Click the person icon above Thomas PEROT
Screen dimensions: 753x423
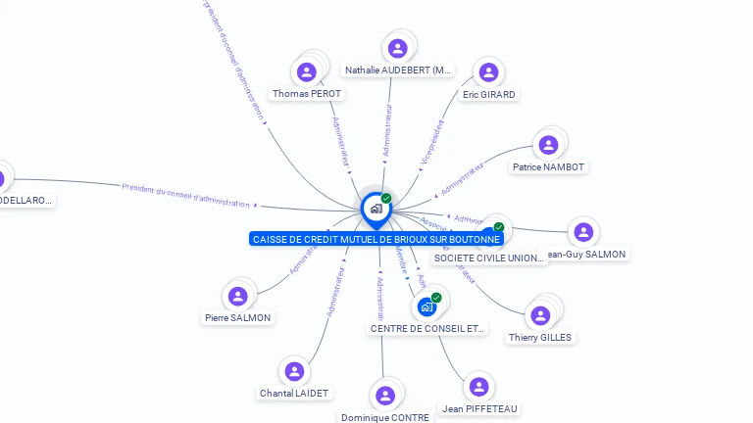click(307, 71)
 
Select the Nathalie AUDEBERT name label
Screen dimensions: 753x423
click(398, 70)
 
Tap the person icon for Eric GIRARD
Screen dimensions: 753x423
click(487, 72)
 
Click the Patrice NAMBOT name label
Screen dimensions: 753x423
click(548, 167)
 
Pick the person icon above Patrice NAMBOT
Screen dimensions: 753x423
click(548, 145)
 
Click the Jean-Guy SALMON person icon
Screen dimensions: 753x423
click(583, 232)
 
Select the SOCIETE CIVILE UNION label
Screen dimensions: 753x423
click(489, 258)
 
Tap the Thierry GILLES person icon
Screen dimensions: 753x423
click(539, 315)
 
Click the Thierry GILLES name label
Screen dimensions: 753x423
click(540, 338)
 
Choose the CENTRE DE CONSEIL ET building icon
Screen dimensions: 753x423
click(427, 306)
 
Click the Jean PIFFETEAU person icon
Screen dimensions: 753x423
click(478, 387)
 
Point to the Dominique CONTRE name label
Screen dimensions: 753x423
click(385, 417)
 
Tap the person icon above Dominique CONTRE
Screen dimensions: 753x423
click(385, 396)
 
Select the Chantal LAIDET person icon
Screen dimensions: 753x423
click(293, 371)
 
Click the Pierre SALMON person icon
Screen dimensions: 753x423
click(237, 296)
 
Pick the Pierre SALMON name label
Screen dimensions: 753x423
click(237, 317)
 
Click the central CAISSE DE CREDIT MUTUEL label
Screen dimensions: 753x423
click(376, 239)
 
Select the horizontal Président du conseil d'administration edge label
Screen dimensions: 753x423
click(186, 194)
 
